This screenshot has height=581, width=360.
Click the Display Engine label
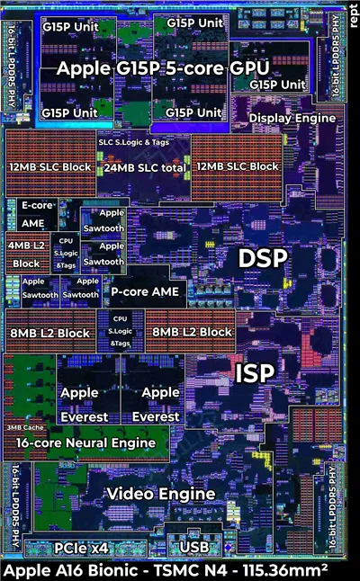pyautogui.click(x=292, y=118)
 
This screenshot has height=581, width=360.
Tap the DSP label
pyautogui.click(x=262, y=258)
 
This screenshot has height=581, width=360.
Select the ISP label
pyautogui.click(x=253, y=373)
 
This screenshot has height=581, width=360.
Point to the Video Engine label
pyautogui.click(x=161, y=494)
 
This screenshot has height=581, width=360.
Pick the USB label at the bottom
pyautogui.click(x=195, y=547)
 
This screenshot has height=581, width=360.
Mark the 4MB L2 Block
pyautogui.click(x=26, y=255)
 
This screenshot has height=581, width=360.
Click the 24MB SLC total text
pyautogui.click(x=145, y=167)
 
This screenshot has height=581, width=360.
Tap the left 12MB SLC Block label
pyautogui.click(x=50, y=167)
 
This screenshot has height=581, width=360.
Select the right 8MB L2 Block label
pyautogui.click(x=192, y=333)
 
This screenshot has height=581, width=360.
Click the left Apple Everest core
pyautogui.click(x=85, y=405)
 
